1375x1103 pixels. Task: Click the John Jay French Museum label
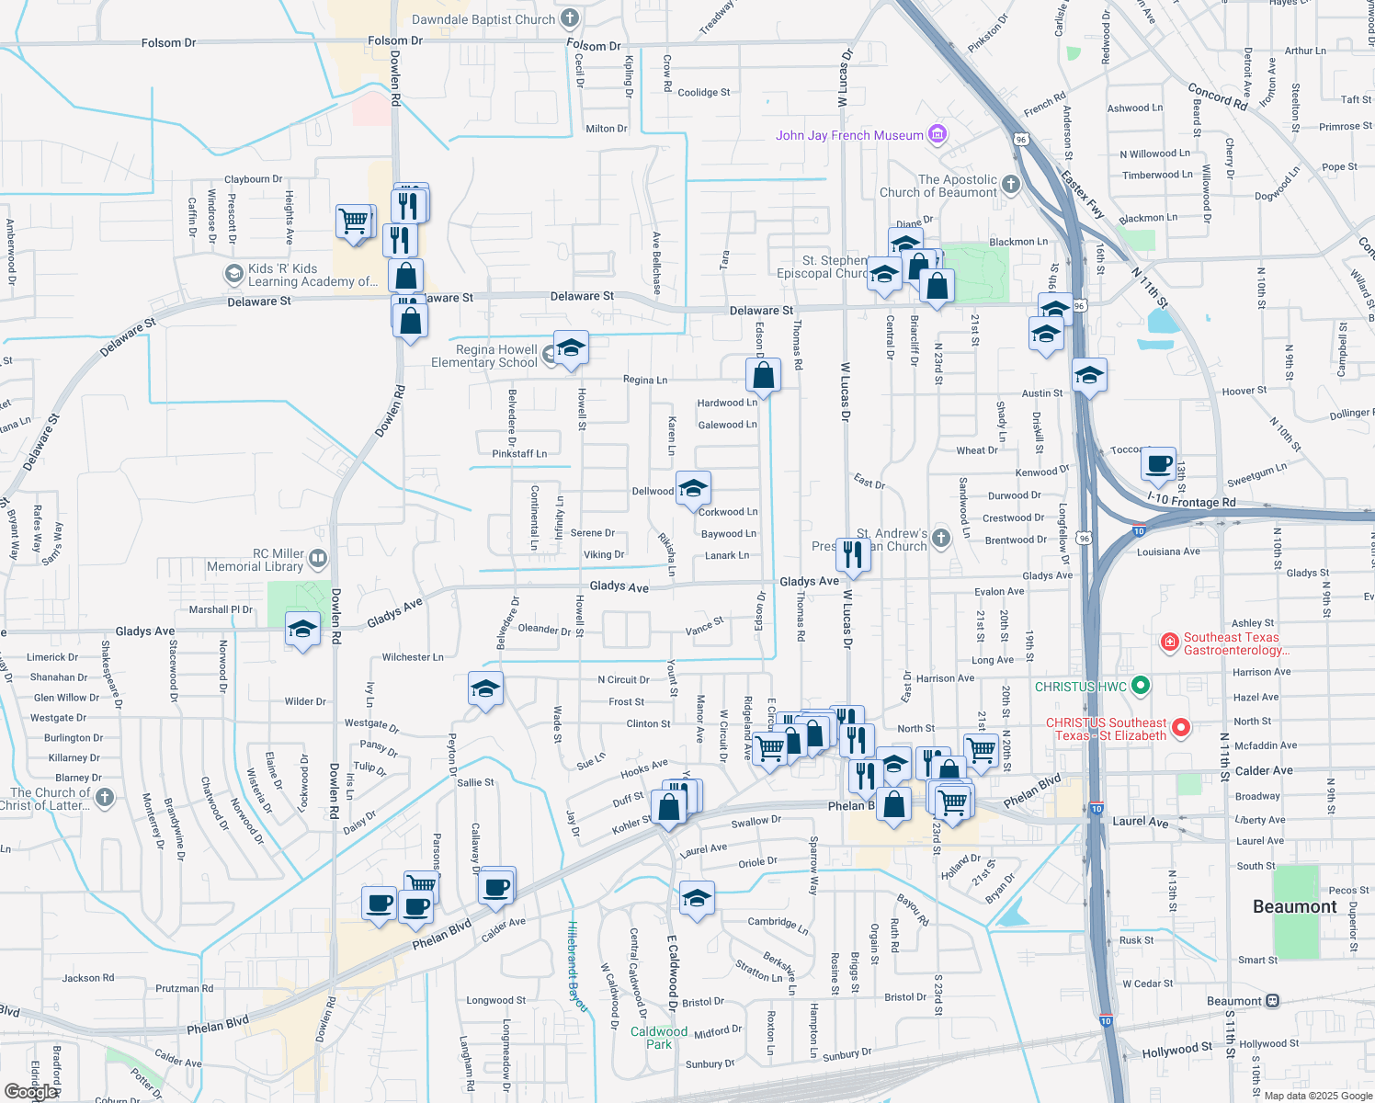(849, 135)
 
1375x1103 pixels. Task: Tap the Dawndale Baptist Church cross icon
(570, 18)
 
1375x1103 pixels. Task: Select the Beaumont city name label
(1294, 906)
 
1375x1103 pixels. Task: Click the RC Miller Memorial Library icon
(318, 557)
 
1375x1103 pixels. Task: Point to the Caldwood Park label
(659, 1038)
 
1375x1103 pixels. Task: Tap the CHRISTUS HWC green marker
(1141, 686)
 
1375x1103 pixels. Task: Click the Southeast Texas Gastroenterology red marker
(1170, 642)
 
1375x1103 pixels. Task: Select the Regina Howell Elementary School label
(484, 356)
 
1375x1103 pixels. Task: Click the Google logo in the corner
(31, 1091)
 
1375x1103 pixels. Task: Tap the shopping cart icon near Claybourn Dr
(355, 222)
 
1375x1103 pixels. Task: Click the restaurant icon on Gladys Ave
(853, 555)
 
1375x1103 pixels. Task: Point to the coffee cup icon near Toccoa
(1159, 464)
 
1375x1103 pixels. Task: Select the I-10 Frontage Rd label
(1191, 502)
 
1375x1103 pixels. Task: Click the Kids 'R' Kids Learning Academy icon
(233, 274)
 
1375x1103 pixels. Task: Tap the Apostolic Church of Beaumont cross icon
(1011, 185)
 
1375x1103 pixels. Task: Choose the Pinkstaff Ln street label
(519, 453)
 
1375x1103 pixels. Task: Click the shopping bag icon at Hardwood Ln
(763, 375)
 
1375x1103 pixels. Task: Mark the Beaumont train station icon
(1272, 1001)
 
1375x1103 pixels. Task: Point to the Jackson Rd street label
(88, 978)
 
